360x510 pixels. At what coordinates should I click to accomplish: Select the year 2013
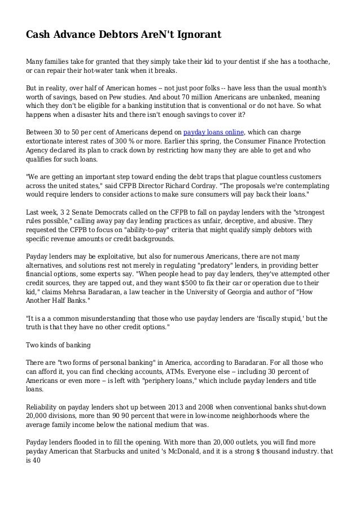pos(158,407)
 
